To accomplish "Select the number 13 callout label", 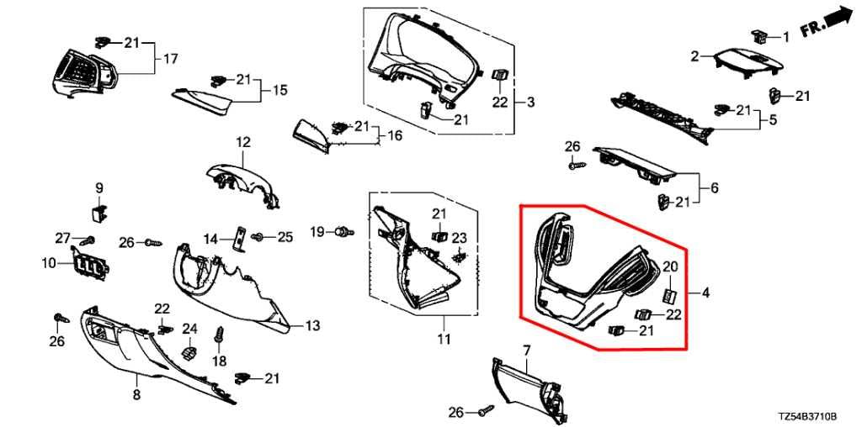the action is [312, 326].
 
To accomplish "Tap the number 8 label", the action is [136, 394].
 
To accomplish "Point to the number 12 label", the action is [243, 143].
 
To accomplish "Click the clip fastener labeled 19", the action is [343, 232].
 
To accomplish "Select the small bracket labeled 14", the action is [241, 238].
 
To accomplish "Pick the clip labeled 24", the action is [189, 351].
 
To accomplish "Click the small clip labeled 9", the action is [98, 211].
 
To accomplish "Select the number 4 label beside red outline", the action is [705, 293].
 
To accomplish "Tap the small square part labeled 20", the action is [669, 296].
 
